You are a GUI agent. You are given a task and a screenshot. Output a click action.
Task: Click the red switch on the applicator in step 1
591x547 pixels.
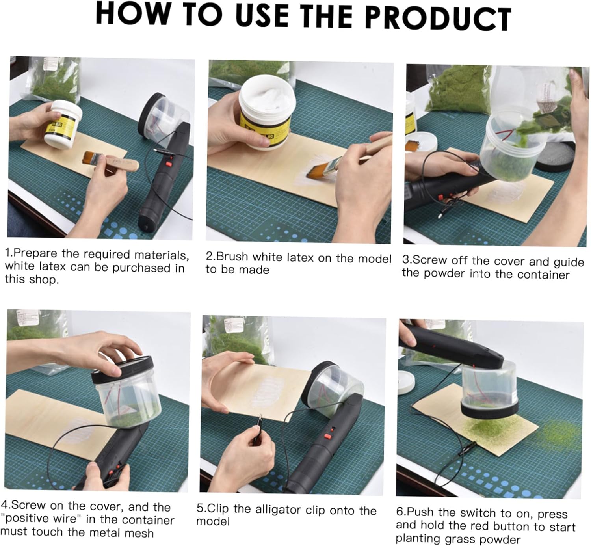click(169, 164)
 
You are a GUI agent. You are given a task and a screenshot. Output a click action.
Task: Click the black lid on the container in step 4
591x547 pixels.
click(123, 369)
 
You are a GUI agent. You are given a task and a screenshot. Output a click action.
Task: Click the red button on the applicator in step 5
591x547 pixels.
click(328, 437)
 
